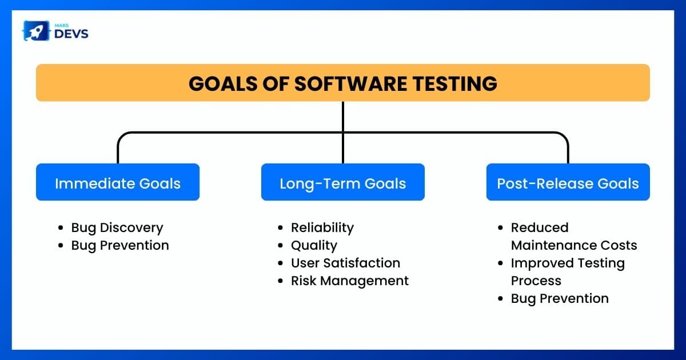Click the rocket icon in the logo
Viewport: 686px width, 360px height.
tap(36, 31)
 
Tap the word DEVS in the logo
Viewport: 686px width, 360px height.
tap(71, 34)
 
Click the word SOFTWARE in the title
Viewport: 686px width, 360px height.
tap(350, 83)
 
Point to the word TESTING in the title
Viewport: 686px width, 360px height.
tap(455, 83)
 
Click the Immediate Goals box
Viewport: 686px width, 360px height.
tap(118, 182)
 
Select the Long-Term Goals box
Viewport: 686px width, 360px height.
tap(342, 182)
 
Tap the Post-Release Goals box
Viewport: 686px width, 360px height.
tap(568, 182)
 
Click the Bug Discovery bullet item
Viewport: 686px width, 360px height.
tap(117, 228)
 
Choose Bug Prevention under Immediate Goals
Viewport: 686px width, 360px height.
tap(120, 246)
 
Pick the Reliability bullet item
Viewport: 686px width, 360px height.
tap(322, 228)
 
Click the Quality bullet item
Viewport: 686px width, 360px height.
tap(314, 246)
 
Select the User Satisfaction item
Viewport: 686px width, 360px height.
tap(345, 263)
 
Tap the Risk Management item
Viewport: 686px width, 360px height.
tap(350, 281)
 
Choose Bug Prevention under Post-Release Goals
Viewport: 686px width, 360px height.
tap(560, 298)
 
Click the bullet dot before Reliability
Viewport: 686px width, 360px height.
tap(280, 228)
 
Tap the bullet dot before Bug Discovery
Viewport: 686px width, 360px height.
tap(61, 228)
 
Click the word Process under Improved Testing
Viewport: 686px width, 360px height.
tap(536, 281)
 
